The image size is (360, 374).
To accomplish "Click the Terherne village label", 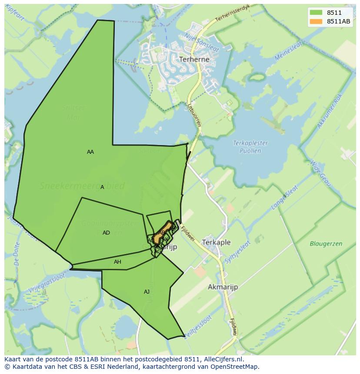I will pos(194,59).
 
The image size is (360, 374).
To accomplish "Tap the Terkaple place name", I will pos(216,242).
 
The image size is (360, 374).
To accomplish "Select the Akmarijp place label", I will pos(223,287).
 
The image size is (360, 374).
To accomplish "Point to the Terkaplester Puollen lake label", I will pos(250,147).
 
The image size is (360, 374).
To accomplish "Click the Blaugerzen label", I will pos(326,244).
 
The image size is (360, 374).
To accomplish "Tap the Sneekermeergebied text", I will pos(82,186).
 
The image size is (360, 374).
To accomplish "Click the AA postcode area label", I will pos(90,152).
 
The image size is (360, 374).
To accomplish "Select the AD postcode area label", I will pos(106,233).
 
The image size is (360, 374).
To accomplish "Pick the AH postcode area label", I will pos(117,262).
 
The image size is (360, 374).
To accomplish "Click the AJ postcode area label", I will pos(147,292).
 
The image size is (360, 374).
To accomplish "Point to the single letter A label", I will pos(102,187).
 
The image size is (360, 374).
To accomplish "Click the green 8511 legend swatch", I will pos(316,13).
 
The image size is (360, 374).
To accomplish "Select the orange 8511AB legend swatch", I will pos(316,21).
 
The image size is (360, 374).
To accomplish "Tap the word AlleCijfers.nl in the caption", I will pos(223,359).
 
